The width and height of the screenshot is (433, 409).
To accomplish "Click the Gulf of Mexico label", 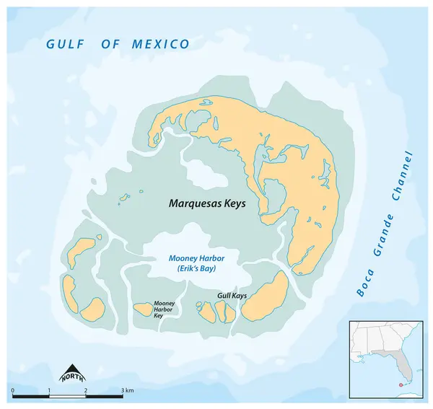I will tap(118, 45).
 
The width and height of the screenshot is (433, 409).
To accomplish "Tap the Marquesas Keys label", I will tap(207, 204).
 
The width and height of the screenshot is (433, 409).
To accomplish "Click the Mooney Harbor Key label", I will tap(163, 309).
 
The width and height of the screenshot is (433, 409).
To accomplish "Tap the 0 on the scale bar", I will tap(13, 390).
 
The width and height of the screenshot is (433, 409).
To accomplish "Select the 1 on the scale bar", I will tap(49, 390).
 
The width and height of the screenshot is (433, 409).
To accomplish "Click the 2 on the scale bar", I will tap(86, 390).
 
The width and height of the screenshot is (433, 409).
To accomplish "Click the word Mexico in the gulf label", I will tap(160, 45).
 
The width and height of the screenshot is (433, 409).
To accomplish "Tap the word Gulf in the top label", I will tap(61, 45).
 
